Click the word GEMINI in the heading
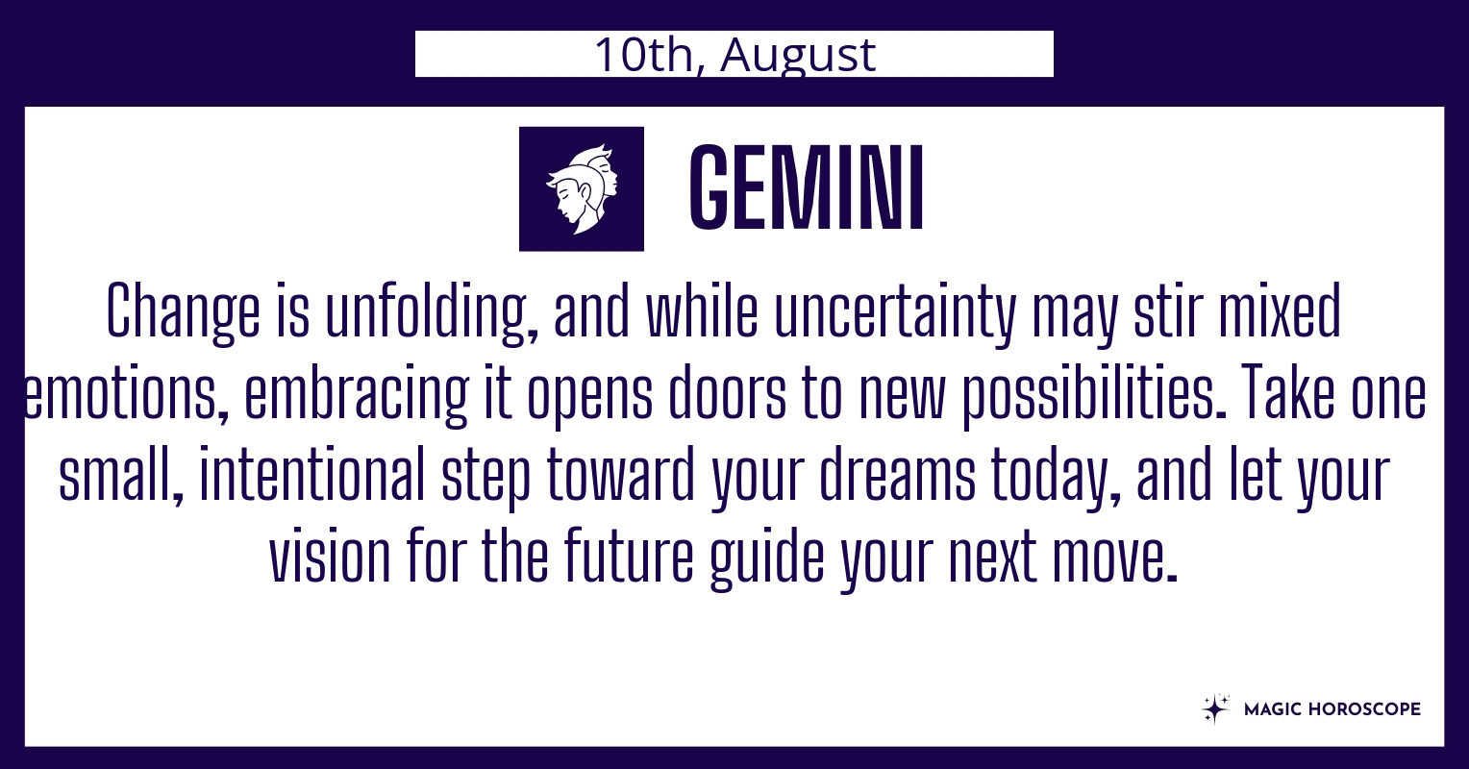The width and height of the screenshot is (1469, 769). tap(806, 188)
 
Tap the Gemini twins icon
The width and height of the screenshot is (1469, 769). tap(581, 188)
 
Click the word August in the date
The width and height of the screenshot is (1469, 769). tap(797, 55)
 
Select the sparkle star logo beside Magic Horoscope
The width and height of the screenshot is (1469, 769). tap(1215, 708)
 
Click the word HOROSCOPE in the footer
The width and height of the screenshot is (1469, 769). tap(1365, 708)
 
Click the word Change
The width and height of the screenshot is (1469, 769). tap(183, 313)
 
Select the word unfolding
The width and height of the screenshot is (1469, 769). tap(432, 313)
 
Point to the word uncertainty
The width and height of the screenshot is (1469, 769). tap(895, 313)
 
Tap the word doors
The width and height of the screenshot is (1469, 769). tap(727, 392)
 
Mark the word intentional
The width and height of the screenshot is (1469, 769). tap(313, 473)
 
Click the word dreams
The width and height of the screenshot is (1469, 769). tap(897, 473)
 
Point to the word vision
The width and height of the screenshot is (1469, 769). tap(330, 556)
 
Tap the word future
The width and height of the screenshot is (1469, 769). tap(628, 556)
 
